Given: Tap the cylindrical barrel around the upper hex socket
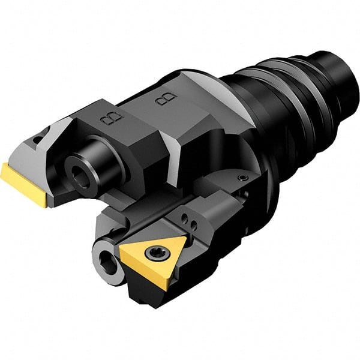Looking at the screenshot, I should (96, 162).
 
